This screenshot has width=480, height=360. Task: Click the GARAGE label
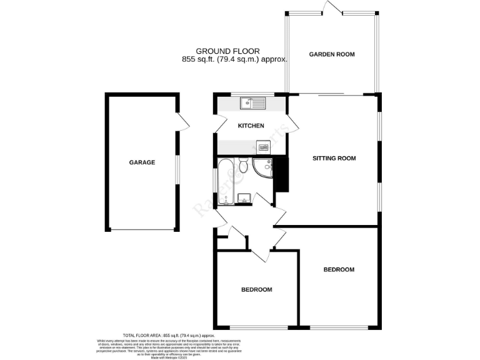point(142,162)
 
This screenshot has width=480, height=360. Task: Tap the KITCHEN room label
point(251,126)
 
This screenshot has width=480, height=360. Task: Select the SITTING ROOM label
point(334,159)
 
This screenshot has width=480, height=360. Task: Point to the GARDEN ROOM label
point(332,54)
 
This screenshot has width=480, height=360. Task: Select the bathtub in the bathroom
point(226,181)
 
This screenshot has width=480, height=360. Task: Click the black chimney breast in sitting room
point(281,174)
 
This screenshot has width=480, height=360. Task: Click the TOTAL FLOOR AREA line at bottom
point(168,336)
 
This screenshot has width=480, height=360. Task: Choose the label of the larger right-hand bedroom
point(339,270)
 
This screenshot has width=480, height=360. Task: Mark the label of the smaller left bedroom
point(257,290)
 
